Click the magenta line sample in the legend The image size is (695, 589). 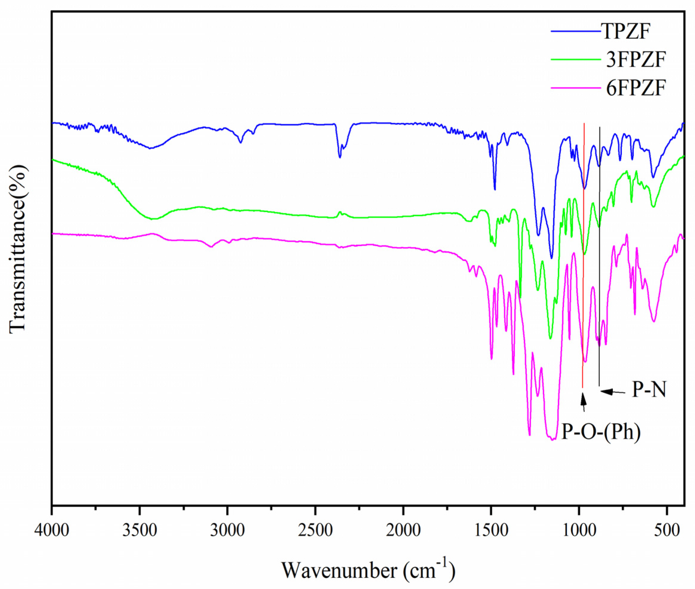(x=576, y=88)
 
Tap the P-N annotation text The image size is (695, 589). (x=649, y=390)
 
